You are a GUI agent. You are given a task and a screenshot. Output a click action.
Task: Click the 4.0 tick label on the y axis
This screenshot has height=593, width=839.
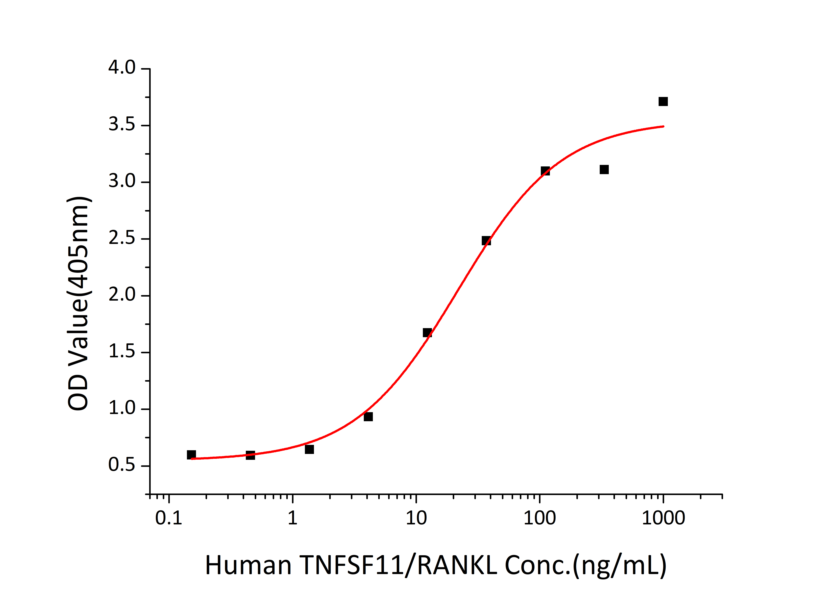coord(122,68)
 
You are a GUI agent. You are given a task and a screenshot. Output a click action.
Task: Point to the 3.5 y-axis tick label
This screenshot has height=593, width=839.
coord(122,125)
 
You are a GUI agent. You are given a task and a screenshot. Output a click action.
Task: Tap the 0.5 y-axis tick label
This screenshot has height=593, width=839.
coord(122,465)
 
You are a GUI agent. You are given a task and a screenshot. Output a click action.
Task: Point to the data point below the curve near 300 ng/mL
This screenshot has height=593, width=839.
coord(604,170)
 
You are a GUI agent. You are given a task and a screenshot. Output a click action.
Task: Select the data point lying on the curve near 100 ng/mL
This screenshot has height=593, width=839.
coord(545,171)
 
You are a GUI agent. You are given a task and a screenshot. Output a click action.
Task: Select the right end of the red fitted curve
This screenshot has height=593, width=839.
coord(663,126)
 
